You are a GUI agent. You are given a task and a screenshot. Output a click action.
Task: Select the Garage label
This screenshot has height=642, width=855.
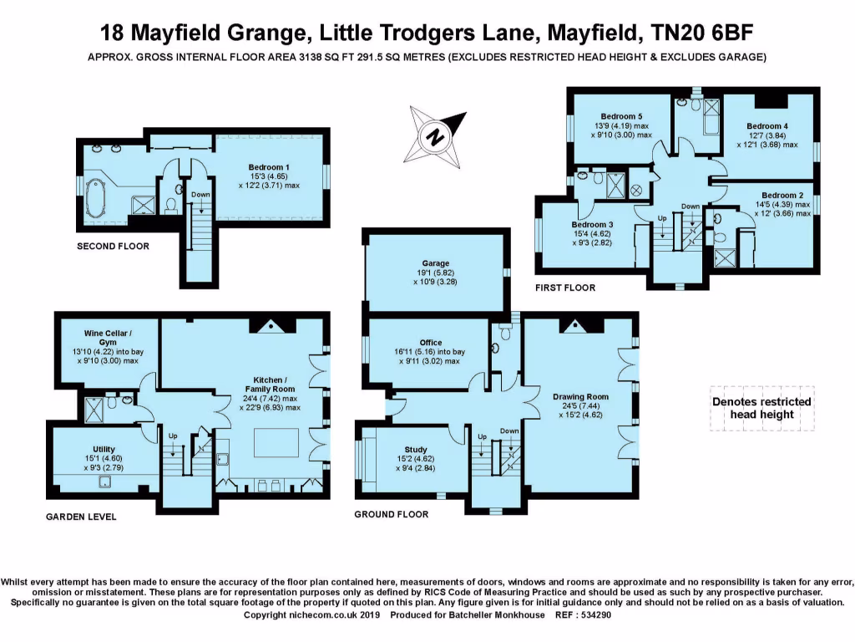435,262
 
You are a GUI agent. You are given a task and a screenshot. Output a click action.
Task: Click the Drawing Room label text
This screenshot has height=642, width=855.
580,396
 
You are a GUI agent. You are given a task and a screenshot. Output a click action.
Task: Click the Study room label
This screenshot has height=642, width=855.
415,450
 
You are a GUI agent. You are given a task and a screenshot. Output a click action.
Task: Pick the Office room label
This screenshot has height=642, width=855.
431,343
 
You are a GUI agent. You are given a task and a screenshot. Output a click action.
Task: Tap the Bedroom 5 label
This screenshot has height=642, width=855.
621,116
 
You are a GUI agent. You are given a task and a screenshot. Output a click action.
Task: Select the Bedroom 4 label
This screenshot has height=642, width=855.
768,126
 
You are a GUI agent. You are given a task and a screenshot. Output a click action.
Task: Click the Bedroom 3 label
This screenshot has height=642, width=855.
592,225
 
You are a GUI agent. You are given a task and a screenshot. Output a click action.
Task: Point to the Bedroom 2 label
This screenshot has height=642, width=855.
782,195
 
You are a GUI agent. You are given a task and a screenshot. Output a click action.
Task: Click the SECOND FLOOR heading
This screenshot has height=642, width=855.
113,247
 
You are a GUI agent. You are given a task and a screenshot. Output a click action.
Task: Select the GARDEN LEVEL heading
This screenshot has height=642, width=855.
81,517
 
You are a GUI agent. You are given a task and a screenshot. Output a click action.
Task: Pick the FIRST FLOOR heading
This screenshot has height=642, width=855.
565,288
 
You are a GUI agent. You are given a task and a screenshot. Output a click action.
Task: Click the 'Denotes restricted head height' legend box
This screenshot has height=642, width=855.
761,407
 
